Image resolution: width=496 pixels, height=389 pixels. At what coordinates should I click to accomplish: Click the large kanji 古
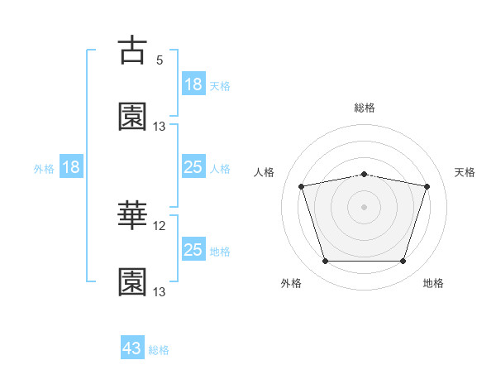132,50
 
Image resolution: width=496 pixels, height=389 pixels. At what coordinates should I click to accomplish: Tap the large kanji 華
132,214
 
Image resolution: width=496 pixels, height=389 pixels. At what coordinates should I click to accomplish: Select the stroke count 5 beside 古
160,60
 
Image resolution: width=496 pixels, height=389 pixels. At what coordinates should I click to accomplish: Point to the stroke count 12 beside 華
159,226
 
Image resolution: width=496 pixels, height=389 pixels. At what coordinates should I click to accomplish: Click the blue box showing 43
132,347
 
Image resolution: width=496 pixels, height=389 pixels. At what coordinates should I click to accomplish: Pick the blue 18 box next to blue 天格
194,84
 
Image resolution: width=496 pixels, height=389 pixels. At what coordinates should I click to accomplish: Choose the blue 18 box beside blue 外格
71,166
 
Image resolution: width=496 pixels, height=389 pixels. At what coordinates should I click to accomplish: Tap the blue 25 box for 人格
194,166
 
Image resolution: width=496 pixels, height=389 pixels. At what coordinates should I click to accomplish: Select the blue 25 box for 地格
194,248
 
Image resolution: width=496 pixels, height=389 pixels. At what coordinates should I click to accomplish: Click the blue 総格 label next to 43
159,350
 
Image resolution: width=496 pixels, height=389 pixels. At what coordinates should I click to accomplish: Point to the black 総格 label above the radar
365,108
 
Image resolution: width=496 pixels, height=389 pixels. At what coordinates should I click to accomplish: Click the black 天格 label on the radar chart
465,172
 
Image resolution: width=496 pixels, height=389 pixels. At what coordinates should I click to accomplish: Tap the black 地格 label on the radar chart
433,283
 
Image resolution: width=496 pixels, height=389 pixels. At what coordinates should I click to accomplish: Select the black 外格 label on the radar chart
291,283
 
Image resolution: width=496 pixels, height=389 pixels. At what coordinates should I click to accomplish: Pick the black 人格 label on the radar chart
264,172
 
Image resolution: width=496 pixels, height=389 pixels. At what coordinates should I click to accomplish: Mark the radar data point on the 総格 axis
364,175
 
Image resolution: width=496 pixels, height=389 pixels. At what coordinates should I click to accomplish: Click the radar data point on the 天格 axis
427,186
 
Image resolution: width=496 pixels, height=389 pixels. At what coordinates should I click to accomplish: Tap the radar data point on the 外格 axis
325,261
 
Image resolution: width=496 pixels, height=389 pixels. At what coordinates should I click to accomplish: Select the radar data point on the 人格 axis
301,186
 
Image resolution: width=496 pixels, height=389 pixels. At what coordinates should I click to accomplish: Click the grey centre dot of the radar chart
364,207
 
